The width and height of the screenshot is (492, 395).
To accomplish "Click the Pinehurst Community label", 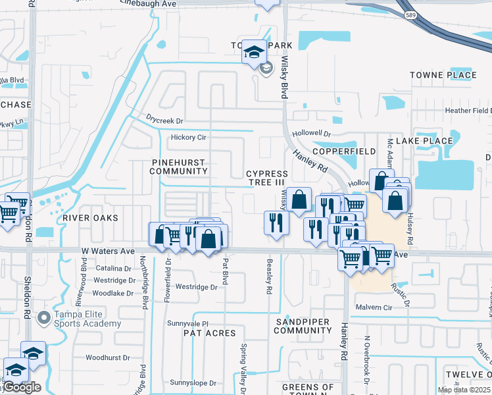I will point(179,167).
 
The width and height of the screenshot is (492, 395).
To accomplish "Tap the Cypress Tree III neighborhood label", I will point(267,178).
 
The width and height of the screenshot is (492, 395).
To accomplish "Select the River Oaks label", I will point(90,218).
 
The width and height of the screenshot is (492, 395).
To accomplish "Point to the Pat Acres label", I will point(210,333).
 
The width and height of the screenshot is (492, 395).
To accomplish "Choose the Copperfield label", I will point(344,151).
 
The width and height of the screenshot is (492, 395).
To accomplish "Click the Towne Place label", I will point(443,75).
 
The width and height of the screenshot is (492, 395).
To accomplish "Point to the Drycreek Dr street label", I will point(164,121).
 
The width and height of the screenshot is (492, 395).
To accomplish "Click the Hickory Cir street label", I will point(188,138).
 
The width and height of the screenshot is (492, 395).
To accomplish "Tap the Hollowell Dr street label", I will point(312,133).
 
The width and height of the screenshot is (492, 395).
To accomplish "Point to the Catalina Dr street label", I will point(113,269).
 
